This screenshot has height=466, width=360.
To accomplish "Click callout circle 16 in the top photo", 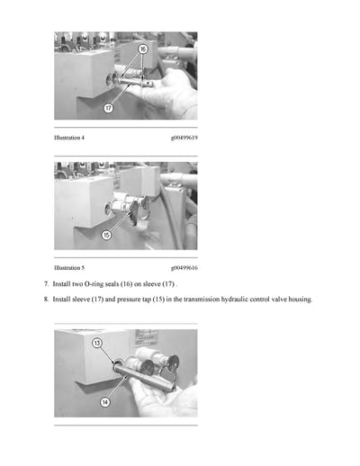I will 142,48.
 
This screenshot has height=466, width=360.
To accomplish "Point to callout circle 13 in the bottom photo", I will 97,342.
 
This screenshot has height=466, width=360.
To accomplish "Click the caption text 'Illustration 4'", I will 69,139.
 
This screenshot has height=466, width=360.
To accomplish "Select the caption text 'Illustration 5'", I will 69,268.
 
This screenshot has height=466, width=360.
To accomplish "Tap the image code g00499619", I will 184,139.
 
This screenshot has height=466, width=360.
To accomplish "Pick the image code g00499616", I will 184,268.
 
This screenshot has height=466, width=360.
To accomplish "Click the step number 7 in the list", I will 46,284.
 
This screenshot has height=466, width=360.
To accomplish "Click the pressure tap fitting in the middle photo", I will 126,207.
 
